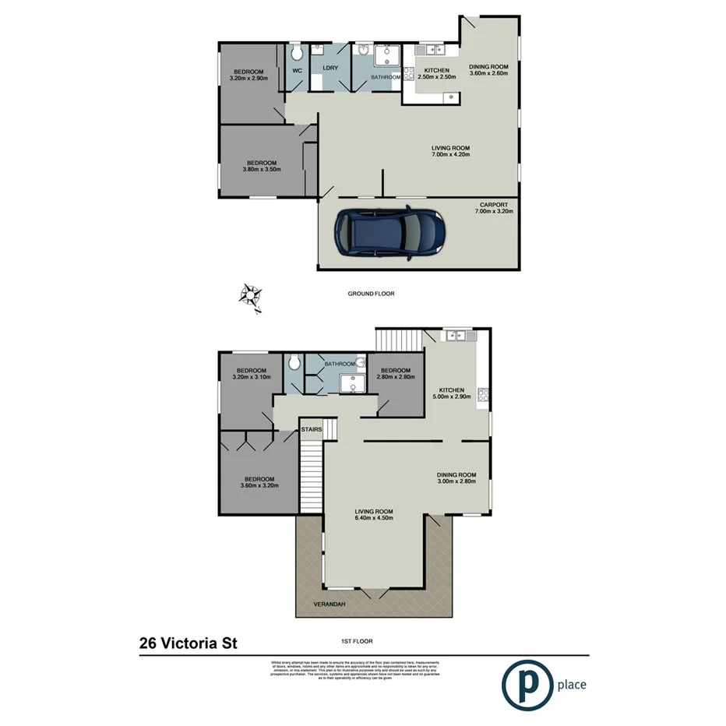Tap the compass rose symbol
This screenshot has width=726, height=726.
coord(249,295)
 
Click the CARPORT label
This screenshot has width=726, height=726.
coord(494,205)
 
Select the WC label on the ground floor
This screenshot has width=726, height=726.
coord(297,70)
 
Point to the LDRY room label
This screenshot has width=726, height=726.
coord(329,68)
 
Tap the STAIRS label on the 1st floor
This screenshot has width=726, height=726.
coord(312,429)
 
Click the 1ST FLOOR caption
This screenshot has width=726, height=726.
coord(357,642)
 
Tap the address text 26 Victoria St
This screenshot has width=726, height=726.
coord(188,643)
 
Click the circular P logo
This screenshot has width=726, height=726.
coord(525,685)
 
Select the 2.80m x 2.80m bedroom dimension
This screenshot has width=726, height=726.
coord(395,377)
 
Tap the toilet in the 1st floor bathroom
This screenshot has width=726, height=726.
coord(294,362)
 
